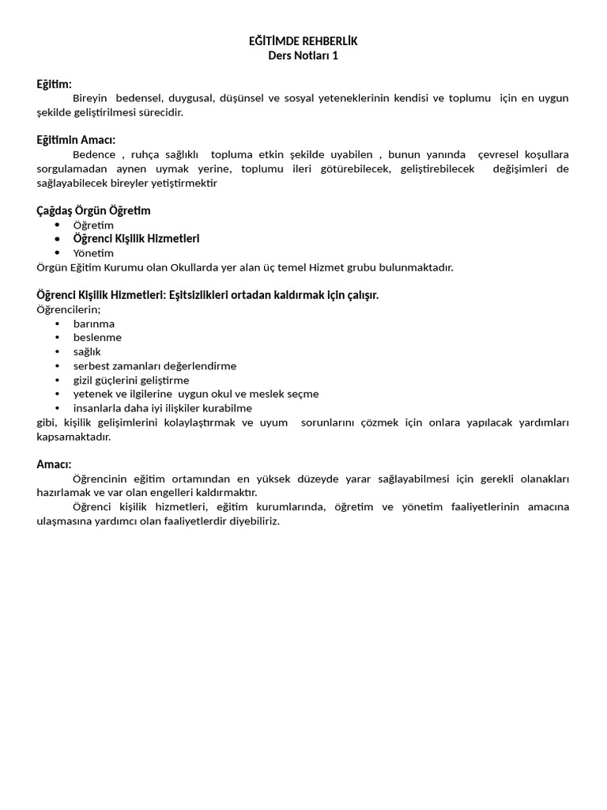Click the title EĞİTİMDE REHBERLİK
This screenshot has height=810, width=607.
pyautogui.click(x=303, y=41)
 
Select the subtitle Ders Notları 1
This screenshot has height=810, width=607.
pyautogui.click(x=303, y=55)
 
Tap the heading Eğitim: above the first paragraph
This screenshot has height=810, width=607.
pyautogui.click(x=54, y=84)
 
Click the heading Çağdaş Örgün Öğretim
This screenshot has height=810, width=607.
pyautogui.click(x=93, y=210)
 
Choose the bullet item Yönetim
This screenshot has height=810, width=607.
pyautogui.click(x=93, y=253)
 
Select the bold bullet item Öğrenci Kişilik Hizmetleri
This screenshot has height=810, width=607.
pyautogui.click(x=136, y=239)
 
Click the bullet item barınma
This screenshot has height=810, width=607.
pyautogui.click(x=94, y=324)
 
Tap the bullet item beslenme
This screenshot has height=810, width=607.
pyautogui.click(x=97, y=338)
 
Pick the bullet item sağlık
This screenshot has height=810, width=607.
pyautogui.click(x=87, y=352)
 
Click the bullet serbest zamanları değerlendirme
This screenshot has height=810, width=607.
pyautogui.click(x=155, y=366)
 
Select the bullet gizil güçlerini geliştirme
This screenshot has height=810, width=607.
pyautogui.click(x=131, y=380)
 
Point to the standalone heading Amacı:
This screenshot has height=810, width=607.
pyautogui.click(x=54, y=464)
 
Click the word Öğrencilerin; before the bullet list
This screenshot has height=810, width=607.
pyautogui.click(x=69, y=309)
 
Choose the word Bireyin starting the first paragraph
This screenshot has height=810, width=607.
pyautogui.click(x=90, y=98)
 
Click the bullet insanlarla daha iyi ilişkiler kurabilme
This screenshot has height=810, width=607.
pyautogui.click(x=163, y=408)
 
